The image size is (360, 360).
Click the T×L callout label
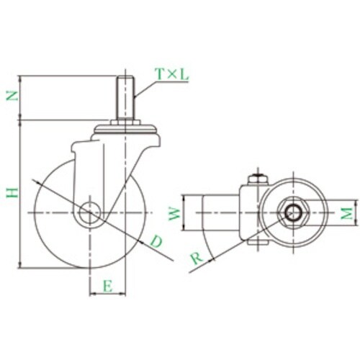(172, 74)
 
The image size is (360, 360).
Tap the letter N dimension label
(12, 96)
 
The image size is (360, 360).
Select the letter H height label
(12, 193)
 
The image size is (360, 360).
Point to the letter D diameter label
(156, 241)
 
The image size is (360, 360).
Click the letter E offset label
(108, 286)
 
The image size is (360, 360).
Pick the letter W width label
(175, 214)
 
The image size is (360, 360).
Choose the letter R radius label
(197, 258)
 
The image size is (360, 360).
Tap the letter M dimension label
(347, 213)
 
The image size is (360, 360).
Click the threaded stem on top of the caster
(125, 98)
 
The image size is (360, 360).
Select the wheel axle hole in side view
(90, 212)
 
